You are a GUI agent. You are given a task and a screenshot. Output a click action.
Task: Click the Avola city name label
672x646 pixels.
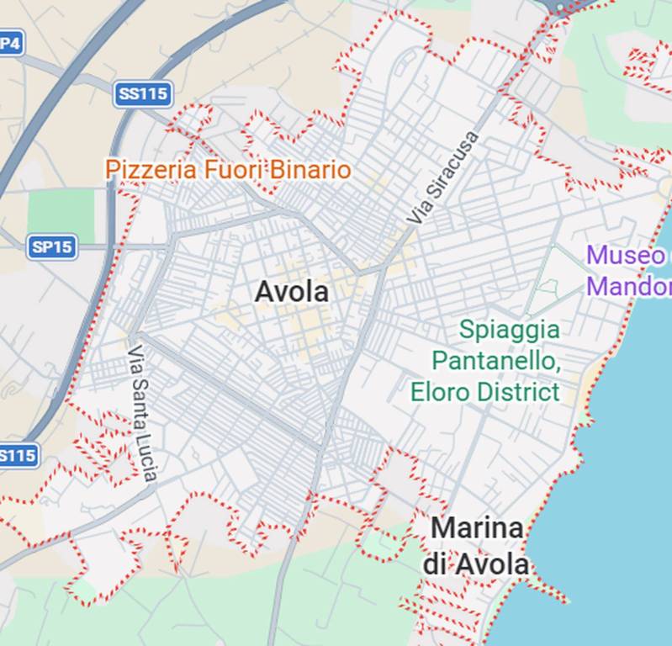(291, 293)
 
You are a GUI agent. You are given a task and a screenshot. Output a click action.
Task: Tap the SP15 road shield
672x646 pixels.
(51, 247)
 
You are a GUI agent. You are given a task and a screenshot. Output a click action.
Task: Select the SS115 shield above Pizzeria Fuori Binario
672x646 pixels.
(143, 93)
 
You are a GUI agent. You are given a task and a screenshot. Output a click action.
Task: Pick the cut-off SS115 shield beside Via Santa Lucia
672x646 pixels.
(17, 456)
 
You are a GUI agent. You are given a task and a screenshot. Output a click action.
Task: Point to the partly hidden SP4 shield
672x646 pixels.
(10, 42)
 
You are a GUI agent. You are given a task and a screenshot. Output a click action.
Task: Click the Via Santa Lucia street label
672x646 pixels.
(140, 412)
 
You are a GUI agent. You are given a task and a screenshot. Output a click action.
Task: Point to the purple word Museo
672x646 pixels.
(626, 255)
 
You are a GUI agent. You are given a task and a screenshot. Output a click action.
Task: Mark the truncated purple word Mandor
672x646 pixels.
(629, 286)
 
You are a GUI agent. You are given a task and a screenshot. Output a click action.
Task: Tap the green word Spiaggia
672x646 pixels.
(509, 329)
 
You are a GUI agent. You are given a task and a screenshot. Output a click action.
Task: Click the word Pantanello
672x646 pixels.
(495, 361)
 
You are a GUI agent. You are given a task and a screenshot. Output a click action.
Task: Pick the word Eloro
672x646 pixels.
(440, 391)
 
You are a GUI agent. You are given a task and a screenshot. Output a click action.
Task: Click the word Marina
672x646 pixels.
(477, 529)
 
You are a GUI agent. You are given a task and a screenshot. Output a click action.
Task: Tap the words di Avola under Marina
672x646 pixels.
(476, 564)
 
